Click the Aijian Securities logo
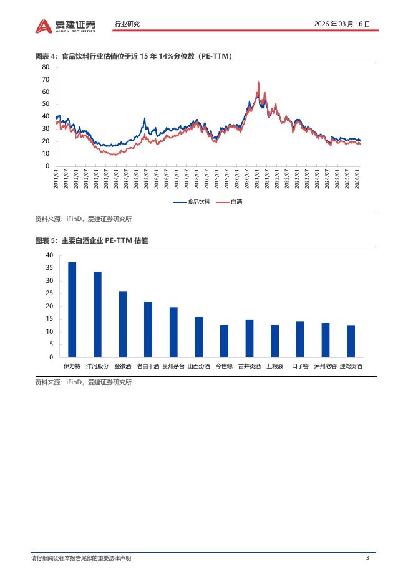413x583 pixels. coord(66,25)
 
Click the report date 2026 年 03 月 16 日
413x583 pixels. coord(343,24)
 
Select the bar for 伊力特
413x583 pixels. coord(72,310)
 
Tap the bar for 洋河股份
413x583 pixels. coord(97,315)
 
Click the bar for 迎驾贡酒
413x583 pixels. coord(351,341)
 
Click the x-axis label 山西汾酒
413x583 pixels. coord(199,366)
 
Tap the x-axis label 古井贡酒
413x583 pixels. coord(250,366)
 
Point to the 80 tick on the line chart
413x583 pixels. coord(46,67)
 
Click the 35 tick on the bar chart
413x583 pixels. coord(49,268)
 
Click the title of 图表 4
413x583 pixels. coord(134,57)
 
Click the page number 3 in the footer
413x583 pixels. coord(367,558)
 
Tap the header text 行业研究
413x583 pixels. coord(127,24)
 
